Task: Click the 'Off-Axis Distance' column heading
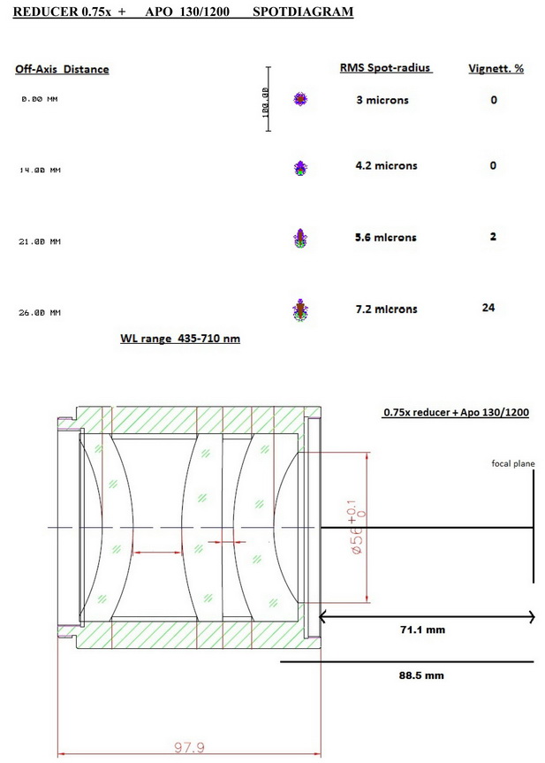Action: (62, 69)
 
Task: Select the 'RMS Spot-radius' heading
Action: (385, 68)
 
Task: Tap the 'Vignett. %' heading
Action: (496, 68)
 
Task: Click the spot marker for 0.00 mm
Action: (300, 99)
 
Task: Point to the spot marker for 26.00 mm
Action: (300, 310)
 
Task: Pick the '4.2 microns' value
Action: (386, 165)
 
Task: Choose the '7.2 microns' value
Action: (386, 309)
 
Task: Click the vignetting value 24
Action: (488, 308)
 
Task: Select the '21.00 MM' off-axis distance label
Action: (40, 241)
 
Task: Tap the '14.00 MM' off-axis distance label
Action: (40, 171)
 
